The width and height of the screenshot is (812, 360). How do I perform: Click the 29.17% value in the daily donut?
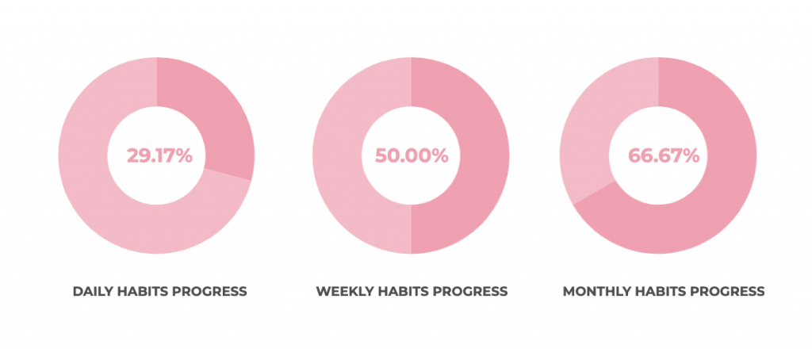[159, 155]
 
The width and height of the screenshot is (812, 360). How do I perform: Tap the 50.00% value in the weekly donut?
[412, 155]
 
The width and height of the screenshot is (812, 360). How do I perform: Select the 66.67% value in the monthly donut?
[664, 155]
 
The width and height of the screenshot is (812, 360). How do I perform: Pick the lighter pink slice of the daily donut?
[114, 207]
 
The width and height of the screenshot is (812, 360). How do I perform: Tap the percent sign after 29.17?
[184, 155]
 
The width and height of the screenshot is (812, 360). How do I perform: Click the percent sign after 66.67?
[691, 155]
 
